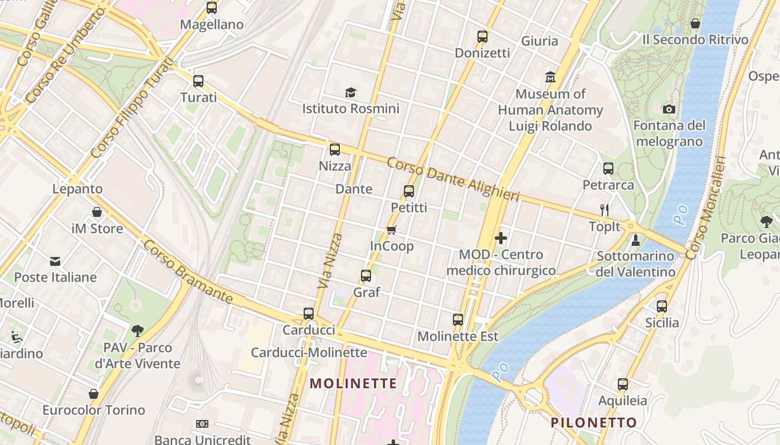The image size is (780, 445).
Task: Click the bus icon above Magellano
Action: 212,8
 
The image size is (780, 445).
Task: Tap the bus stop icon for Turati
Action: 198,81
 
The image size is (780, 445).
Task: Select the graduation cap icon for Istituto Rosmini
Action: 350,92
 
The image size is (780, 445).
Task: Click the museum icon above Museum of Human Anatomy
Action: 550,77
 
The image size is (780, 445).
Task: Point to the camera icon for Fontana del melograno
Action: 669,109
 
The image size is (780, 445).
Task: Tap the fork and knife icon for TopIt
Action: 604,210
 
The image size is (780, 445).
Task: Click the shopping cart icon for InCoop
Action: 392,229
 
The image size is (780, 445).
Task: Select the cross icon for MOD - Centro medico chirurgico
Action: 500,238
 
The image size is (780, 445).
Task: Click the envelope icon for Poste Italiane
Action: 55,261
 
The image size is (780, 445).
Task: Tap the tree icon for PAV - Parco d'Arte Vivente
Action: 138,332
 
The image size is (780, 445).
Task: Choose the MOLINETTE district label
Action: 353,383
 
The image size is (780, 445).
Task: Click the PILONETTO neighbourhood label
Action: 593,423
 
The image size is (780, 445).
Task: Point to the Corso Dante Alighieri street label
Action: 452,180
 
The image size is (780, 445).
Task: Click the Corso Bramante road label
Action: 188,273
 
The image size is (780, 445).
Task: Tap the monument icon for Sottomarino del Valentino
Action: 635,240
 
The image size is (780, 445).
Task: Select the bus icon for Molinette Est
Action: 458,320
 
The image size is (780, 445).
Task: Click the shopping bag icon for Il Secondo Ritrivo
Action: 695,23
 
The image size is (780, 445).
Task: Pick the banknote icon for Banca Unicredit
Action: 202,424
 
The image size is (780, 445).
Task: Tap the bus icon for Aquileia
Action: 623,384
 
